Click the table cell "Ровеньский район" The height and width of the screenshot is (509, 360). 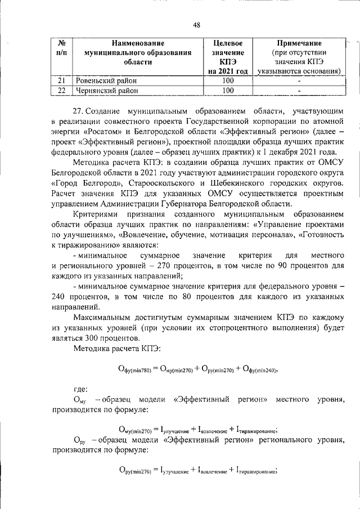[x=108, y=80]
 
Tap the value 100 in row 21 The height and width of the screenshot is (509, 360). [x=228, y=80]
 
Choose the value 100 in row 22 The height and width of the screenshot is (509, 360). [x=228, y=90]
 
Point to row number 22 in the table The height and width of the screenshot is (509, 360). [x=62, y=90]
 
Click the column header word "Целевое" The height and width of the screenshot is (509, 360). [x=228, y=43]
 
